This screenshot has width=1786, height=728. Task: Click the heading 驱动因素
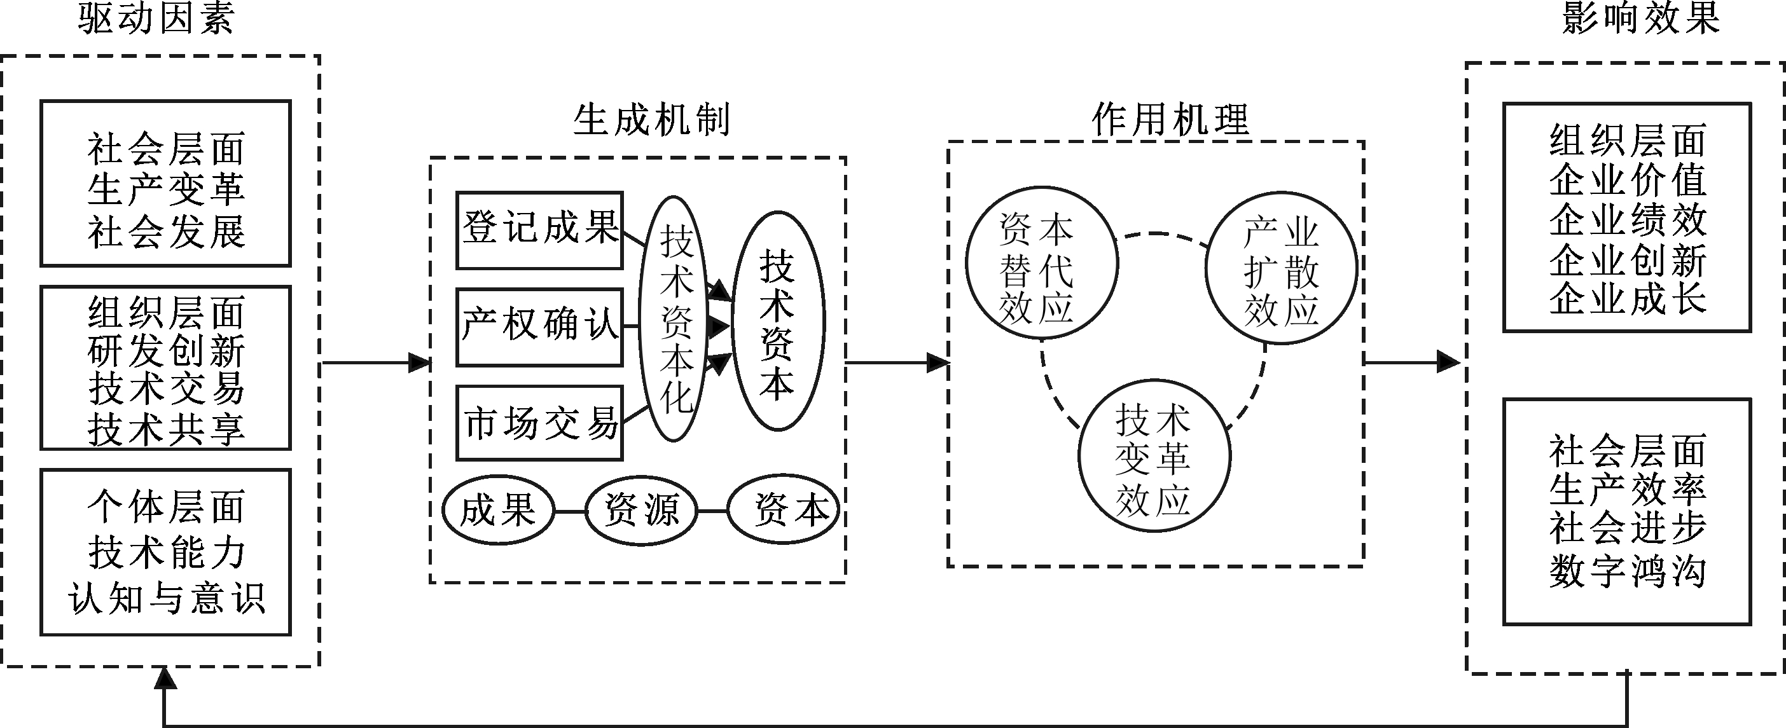tap(156, 18)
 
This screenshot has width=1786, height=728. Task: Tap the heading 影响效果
tap(1641, 18)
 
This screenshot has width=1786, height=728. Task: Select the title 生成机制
tap(652, 120)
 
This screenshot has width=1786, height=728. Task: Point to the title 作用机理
tap(1170, 120)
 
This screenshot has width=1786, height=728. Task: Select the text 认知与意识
tap(167, 598)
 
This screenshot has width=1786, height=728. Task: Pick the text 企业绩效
tap(1627, 220)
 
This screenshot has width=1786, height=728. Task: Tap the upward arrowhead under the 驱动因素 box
tap(165, 677)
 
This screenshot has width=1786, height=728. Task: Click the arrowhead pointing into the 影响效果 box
tap(1448, 362)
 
